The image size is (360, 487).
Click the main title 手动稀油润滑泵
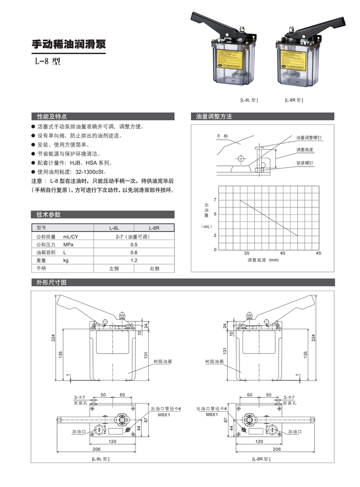click(x=68, y=45)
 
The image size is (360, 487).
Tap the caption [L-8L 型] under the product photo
click(x=249, y=100)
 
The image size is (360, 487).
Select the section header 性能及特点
click(x=52, y=117)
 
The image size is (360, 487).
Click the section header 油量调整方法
click(x=214, y=117)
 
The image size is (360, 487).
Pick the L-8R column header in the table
click(x=154, y=228)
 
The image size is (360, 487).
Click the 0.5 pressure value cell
click(x=134, y=244)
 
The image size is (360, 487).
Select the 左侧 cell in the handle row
click(x=114, y=269)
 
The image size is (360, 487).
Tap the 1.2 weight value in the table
click(x=134, y=260)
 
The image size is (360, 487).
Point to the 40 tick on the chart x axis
click(x=283, y=253)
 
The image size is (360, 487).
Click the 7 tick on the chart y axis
click(x=215, y=200)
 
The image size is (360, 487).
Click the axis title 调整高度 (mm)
click(x=263, y=260)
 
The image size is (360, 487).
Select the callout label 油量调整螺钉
click(x=309, y=138)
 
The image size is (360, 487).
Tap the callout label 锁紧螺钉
click(x=305, y=163)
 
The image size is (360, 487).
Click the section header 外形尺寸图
click(x=51, y=283)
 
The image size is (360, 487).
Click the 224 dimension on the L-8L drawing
click(x=53, y=338)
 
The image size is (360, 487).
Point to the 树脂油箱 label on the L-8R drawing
click(x=215, y=361)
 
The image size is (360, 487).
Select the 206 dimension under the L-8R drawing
click(x=276, y=449)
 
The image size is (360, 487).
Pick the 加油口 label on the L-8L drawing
click(x=79, y=432)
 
